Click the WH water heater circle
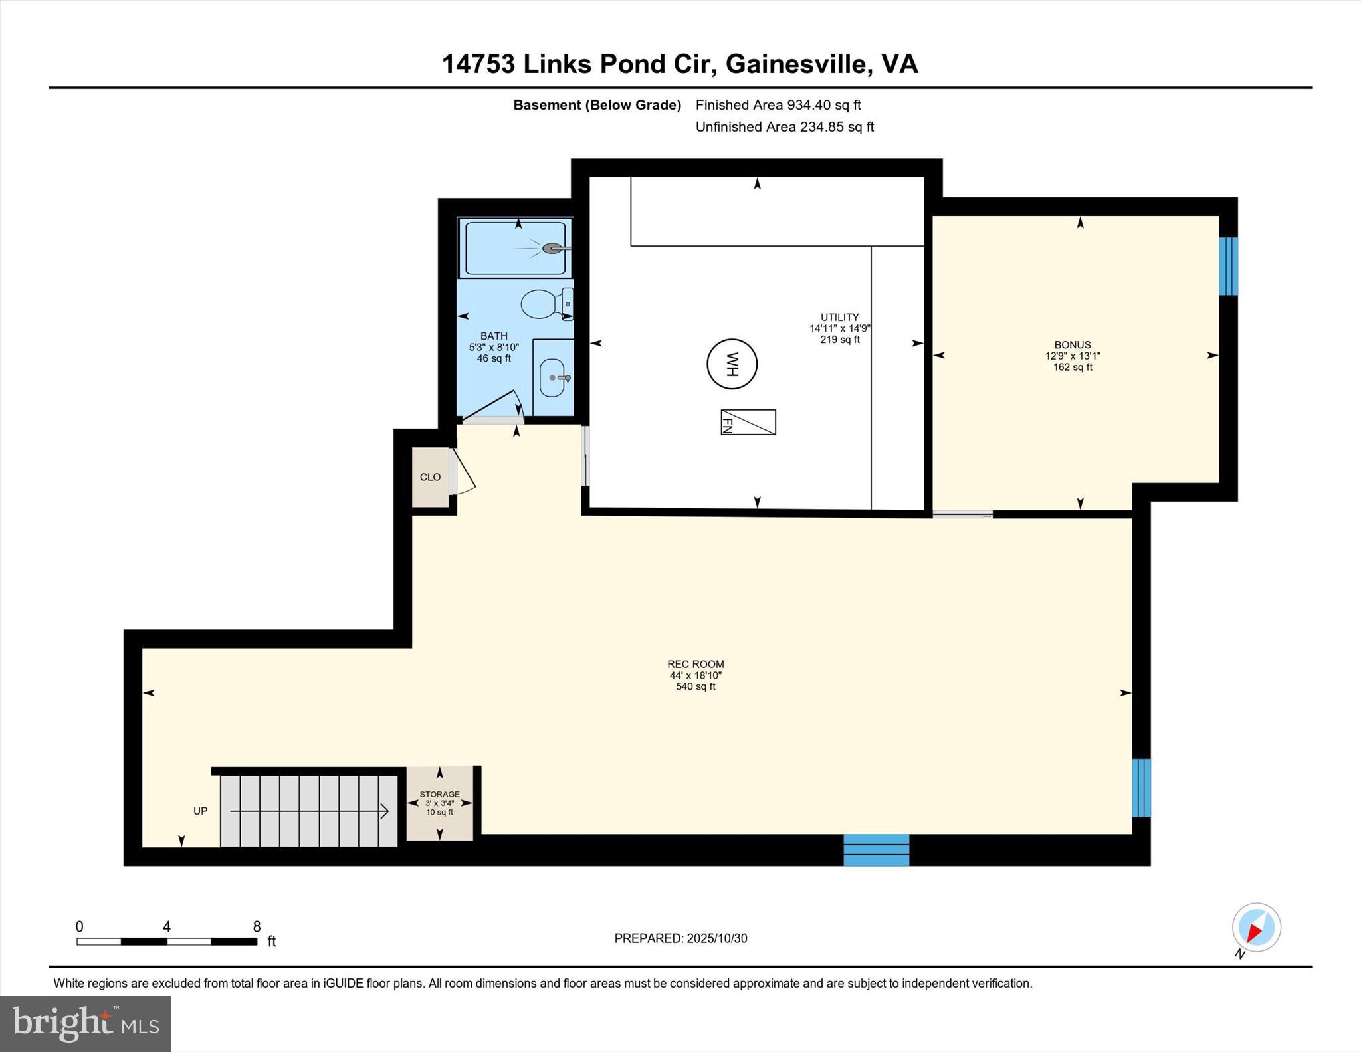click(x=732, y=364)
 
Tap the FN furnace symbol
click(x=748, y=423)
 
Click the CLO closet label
click(x=430, y=477)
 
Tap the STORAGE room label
click(x=439, y=794)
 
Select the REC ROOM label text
click(x=695, y=664)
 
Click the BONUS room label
click(x=1072, y=344)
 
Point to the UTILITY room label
click(x=839, y=317)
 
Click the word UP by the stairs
click(x=200, y=811)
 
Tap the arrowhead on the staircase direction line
click(x=385, y=811)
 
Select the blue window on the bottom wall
click(x=876, y=850)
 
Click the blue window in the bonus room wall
click(x=1228, y=266)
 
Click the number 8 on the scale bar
click(x=257, y=926)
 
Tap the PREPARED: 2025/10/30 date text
click(x=680, y=938)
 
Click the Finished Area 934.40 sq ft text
click(x=778, y=105)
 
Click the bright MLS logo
click(x=85, y=1023)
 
